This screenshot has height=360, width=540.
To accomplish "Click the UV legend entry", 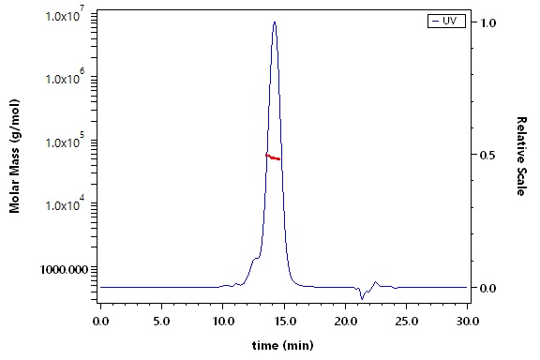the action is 446,21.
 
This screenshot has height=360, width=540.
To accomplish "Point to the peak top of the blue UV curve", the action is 275,22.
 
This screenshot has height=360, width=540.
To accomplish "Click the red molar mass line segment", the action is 273,157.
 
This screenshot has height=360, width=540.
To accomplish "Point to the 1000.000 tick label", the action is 64,269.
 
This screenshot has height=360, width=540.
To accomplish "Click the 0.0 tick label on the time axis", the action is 100,322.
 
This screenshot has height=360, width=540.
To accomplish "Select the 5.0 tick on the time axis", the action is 161,322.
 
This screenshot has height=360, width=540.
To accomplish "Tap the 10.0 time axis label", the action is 223,322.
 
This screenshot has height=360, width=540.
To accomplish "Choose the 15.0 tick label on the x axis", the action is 285,322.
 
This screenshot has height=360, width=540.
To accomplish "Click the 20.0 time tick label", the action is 346,322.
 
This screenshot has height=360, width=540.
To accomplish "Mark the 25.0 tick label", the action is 407,322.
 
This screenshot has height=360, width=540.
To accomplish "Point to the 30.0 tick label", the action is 468,322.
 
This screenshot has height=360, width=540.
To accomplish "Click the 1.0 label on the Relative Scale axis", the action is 488,22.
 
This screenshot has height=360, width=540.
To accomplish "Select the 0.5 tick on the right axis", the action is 488,155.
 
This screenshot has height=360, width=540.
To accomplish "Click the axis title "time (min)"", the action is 283,345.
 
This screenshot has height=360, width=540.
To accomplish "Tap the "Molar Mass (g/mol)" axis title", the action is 14,156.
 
